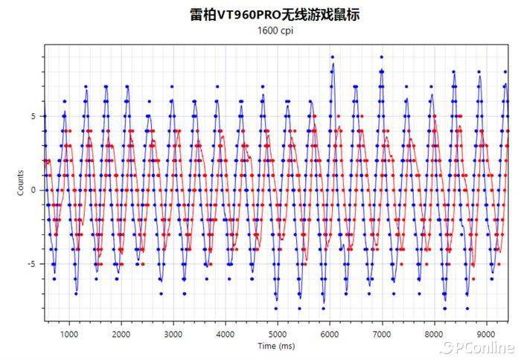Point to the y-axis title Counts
point(21,183)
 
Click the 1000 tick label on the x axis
point(68,334)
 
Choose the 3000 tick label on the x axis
point(173,334)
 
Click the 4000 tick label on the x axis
point(225,334)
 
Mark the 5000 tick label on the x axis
point(277,334)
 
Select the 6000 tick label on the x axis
point(329,334)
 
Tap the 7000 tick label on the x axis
point(381,334)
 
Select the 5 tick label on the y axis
point(33,116)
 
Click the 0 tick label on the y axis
point(33,190)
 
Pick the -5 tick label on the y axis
point(32,264)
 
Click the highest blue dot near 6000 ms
point(332,57)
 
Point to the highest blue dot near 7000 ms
point(381,57)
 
